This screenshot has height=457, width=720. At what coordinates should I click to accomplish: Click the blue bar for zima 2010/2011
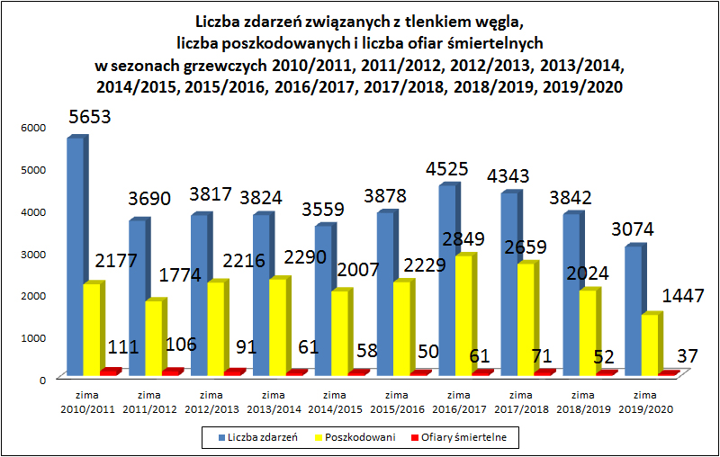75,256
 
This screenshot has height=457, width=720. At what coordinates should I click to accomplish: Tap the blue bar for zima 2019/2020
632,310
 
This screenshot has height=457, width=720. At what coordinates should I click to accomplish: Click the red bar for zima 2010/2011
110,372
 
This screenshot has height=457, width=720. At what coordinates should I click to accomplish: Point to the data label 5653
94,118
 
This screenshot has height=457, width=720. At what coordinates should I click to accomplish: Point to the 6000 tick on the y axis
33,128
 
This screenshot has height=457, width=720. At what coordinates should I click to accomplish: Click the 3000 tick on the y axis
33,254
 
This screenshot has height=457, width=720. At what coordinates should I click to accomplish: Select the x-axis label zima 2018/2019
583,401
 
